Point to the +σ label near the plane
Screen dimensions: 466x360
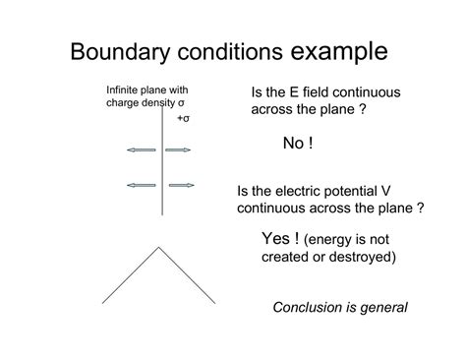183,118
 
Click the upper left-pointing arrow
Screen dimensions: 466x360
141,150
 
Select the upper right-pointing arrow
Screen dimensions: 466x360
178,150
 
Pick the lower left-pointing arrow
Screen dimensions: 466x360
141,185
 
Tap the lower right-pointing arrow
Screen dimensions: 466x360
181,185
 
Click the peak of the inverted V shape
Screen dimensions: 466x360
158,248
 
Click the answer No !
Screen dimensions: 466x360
298,144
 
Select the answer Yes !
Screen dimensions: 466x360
280,239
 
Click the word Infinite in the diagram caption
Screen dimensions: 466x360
123,90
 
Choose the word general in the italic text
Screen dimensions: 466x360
383,307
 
